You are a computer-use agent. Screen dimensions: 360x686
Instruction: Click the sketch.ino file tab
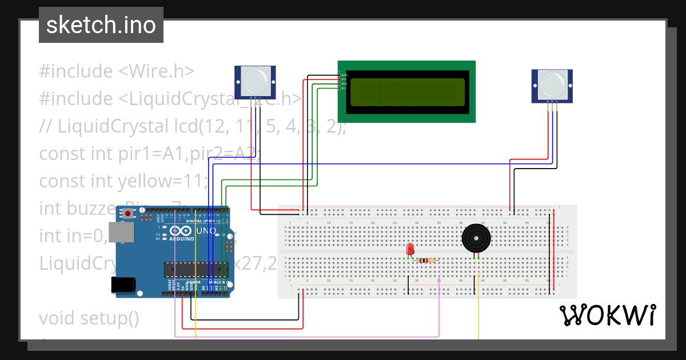[x=101, y=25]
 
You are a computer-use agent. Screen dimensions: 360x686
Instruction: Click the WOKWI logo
[x=607, y=315]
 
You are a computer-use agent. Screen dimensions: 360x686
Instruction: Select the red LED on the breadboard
[x=410, y=250]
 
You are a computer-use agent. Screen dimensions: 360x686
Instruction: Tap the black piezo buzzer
[x=476, y=238]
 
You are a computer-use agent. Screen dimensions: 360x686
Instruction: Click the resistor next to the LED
[x=425, y=260]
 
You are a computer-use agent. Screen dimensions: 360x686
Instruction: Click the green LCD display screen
[x=407, y=91]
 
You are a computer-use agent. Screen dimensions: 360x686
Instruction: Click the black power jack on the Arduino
[x=123, y=285]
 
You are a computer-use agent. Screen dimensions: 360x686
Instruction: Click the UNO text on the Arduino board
[x=206, y=231]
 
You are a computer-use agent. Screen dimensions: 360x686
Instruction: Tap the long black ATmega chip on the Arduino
[x=189, y=269]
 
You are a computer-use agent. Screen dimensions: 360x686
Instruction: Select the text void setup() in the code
[x=89, y=318]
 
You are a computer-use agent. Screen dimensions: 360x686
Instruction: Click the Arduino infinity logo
[x=182, y=231]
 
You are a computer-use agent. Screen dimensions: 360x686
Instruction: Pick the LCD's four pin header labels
[x=343, y=80]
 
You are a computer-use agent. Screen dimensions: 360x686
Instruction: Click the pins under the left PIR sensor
[x=256, y=102]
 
